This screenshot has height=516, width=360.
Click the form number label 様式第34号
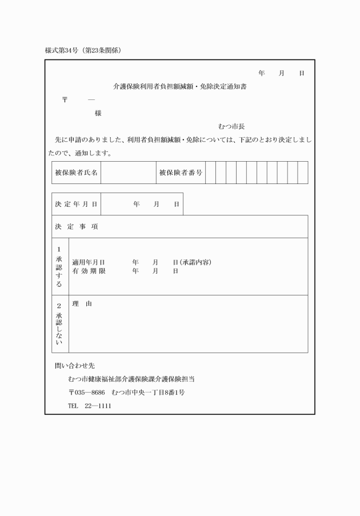63,50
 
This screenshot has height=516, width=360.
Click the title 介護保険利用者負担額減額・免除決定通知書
180,87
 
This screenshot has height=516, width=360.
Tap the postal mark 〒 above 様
65,100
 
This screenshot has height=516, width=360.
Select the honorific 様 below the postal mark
98,113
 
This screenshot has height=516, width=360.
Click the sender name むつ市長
231,126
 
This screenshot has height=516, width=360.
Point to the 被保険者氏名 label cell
77,173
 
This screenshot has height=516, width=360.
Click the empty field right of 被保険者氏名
128,173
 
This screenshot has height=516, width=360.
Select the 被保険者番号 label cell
181,173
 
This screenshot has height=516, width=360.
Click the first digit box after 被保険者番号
210,173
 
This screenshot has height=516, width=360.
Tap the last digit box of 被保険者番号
302,173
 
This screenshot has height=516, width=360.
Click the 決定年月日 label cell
77,204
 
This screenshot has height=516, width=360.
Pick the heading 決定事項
77,227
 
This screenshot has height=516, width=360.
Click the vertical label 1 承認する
59,267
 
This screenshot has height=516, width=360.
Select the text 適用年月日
89,262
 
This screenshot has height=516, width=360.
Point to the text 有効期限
89,271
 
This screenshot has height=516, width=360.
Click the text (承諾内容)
195,262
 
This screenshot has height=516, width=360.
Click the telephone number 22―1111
98,406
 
